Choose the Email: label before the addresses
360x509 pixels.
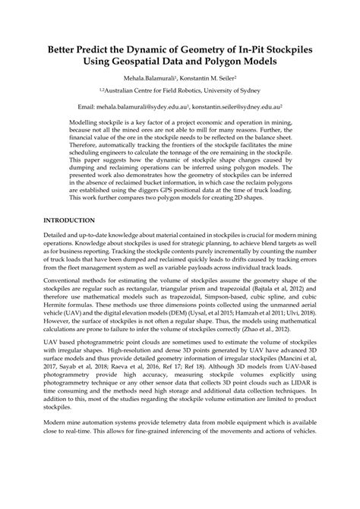click(x=88, y=109)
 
